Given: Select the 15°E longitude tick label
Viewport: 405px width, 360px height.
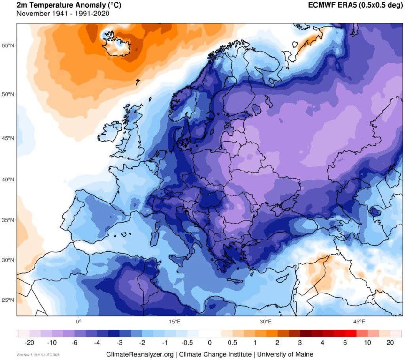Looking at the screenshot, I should click(174, 322).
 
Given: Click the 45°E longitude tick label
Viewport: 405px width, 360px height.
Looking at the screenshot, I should click(359, 322).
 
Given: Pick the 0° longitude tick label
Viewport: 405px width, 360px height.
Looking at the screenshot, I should click(79, 322).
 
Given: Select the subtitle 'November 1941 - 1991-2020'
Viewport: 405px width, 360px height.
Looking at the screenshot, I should click(63, 14).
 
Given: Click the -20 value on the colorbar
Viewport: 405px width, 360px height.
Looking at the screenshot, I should click(30, 343).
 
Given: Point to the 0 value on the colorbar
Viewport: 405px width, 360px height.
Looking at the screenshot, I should click(210, 343).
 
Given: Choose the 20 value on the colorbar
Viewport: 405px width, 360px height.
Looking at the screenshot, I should click(390, 343).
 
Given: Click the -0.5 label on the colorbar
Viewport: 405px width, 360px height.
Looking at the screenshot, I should click(187, 343).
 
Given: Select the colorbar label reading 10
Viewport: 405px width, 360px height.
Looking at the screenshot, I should click(367, 343).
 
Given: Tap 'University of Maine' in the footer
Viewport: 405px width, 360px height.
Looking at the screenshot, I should click(285, 354).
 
